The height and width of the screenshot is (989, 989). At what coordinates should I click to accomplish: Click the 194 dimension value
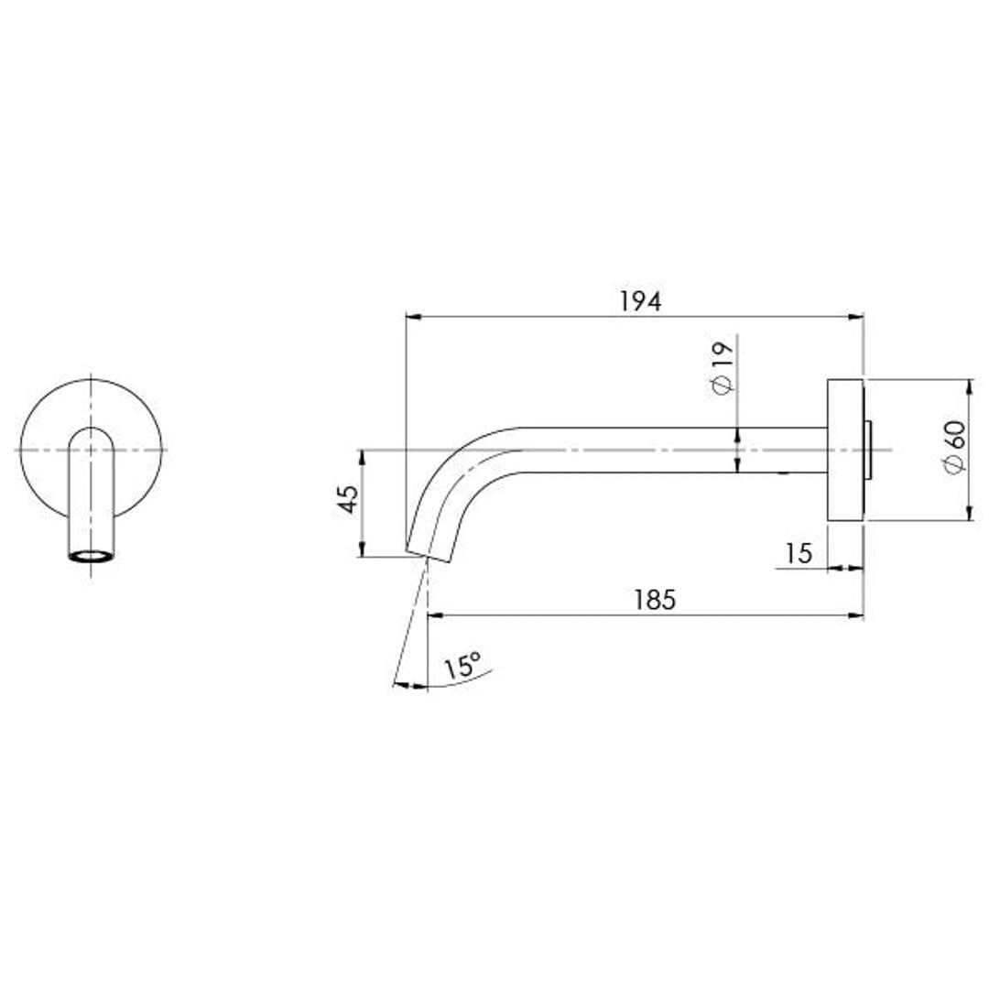pos(639,301)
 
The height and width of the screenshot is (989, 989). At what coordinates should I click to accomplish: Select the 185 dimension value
pos(654,600)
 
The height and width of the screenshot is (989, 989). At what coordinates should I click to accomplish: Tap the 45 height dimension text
pos(349,499)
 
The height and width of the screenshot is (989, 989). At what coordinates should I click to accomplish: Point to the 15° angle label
pos(462,666)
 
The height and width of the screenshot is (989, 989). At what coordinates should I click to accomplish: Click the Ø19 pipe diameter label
pos(722,367)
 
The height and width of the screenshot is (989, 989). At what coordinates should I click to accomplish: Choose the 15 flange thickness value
pos(799,553)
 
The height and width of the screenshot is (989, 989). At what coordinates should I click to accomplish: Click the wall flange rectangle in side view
pos(845,450)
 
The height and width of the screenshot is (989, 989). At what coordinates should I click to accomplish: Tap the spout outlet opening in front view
pos(91,556)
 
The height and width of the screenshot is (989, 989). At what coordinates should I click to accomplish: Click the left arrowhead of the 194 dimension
pos(412,318)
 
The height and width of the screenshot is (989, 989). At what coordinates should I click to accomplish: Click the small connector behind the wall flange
pos(868,450)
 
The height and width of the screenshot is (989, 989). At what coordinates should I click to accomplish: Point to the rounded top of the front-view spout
pos(91,430)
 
